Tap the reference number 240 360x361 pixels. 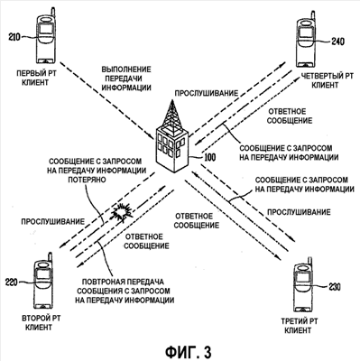pos(337,42)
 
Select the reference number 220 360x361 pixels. pos(12,282)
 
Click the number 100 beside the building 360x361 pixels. pos(209,157)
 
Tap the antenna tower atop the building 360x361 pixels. pos(172,115)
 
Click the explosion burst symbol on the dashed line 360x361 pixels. pos(121,212)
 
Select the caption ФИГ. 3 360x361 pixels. pos(189,351)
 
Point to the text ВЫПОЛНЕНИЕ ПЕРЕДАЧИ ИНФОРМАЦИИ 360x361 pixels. pos(126,79)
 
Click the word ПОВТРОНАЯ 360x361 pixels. pos(102,282)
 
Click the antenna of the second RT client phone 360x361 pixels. pos(50,259)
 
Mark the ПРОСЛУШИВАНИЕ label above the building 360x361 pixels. pos(207,93)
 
